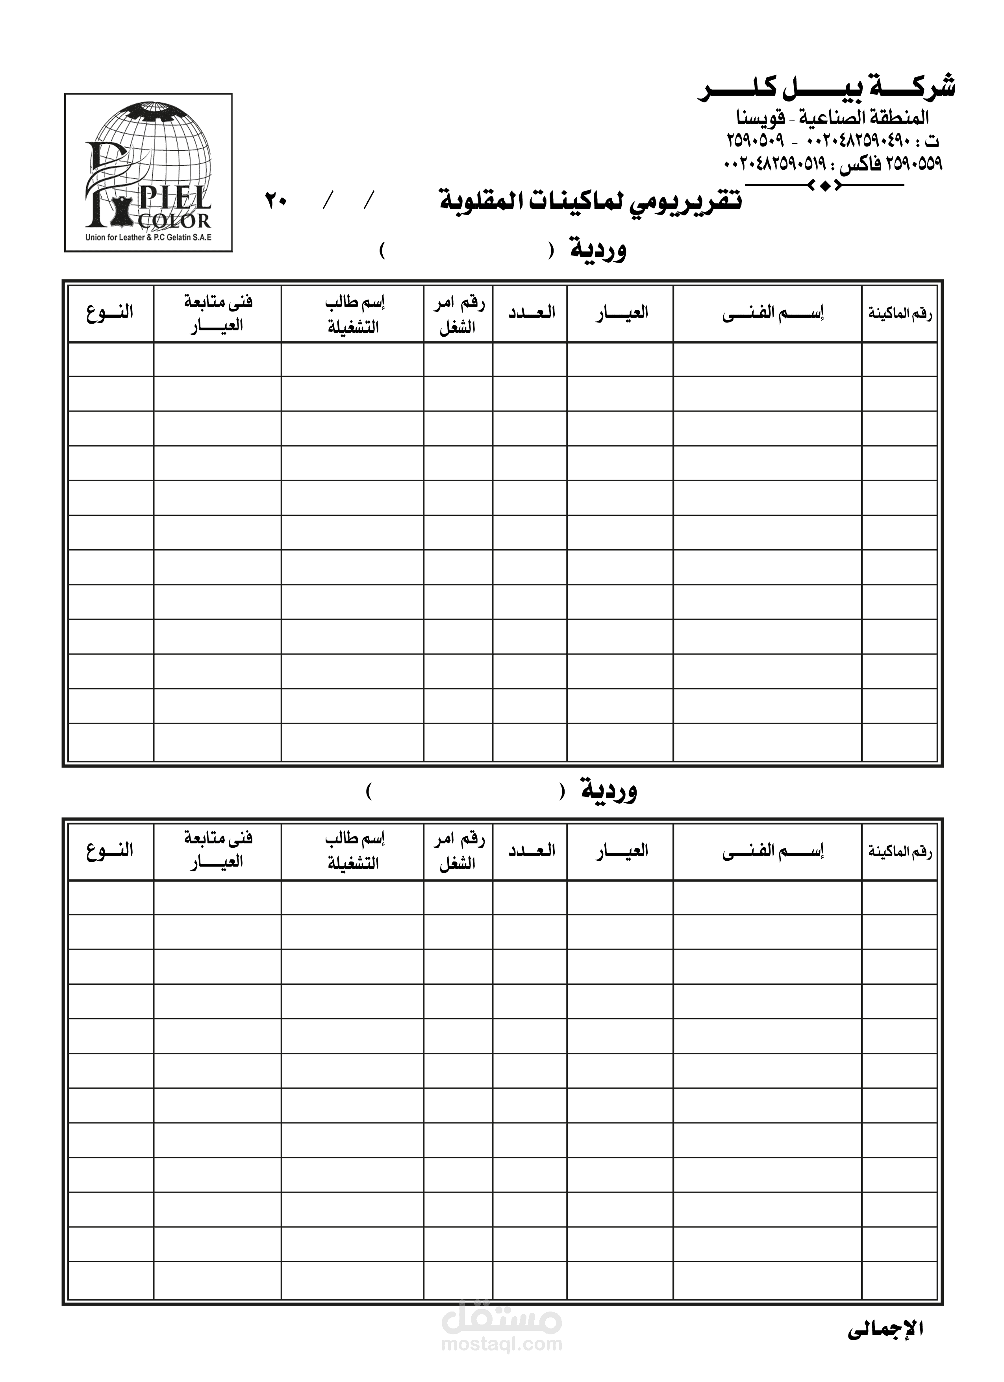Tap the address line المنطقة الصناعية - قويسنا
tap(833, 117)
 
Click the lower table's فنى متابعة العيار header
tap(217, 850)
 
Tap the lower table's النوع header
tap(110, 850)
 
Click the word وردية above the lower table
tap(609, 791)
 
